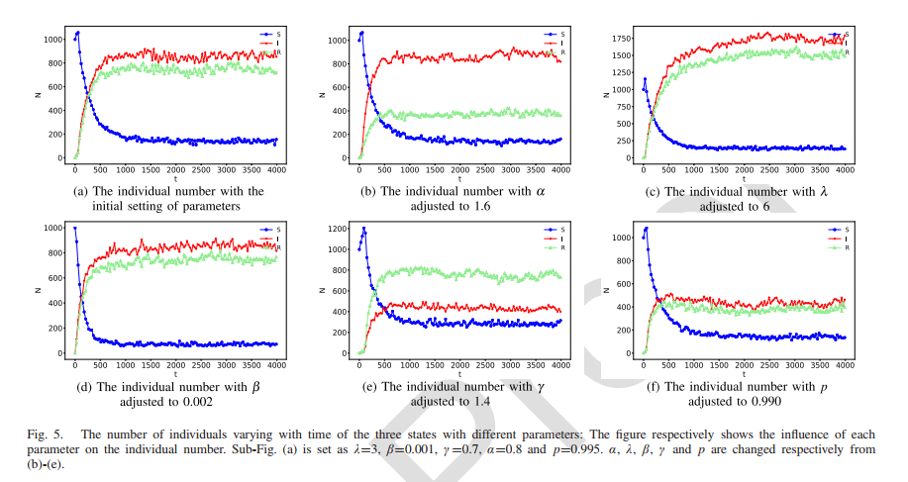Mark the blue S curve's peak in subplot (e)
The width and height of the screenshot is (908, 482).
363,230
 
